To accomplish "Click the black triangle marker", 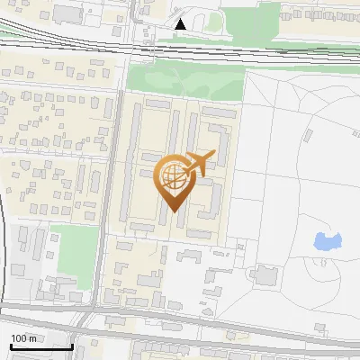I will pyautogui.click(x=182, y=24).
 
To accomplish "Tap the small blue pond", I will pyautogui.click(x=328, y=241).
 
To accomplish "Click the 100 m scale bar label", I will pyautogui.click(x=23, y=338).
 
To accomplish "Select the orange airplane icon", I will pyautogui.click(x=198, y=164).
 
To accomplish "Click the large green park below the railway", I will pyautogui.click(x=184, y=81).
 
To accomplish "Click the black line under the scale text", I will pyautogui.click(x=41, y=346).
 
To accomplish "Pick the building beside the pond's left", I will pyautogui.click(x=267, y=274).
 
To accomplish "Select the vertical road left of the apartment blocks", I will pyautogui.click(x=115, y=180).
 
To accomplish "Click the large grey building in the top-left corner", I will pyautogui.click(x=67, y=14).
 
